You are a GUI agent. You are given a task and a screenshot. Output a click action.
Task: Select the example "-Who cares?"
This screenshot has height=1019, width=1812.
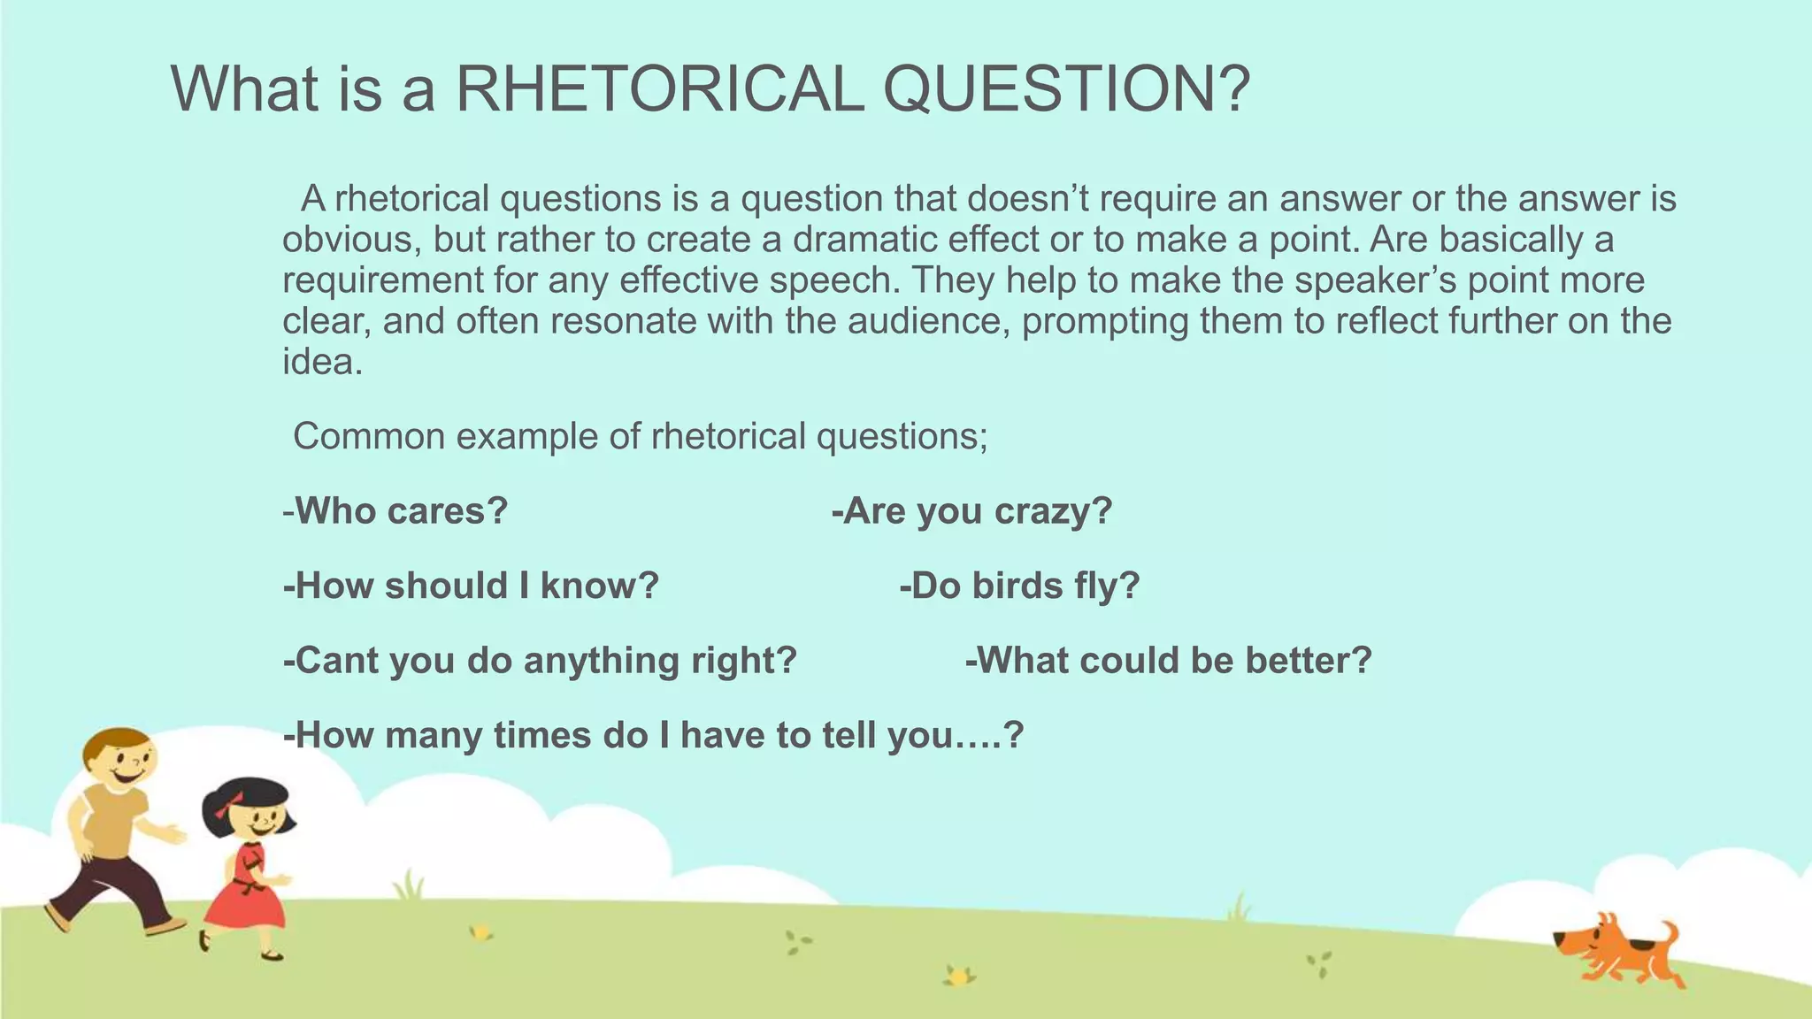pos(395,511)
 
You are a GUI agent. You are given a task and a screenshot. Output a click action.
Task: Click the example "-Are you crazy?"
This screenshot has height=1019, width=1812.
pos(971,511)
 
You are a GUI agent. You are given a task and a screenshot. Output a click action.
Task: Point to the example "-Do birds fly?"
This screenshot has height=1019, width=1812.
pos(1019,586)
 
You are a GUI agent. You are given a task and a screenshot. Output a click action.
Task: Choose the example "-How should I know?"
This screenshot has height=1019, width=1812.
pos(471,586)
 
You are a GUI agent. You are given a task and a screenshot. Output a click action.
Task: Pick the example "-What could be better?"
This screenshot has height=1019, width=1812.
pos(1168,661)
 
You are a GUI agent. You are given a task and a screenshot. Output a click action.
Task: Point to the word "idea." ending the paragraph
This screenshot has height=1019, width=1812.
pos(322,361)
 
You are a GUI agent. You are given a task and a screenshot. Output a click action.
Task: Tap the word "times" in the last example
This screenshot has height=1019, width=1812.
pos(543,736)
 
